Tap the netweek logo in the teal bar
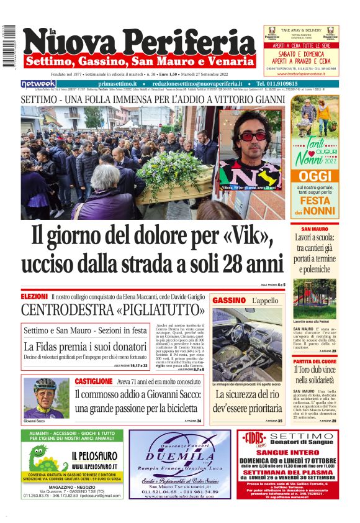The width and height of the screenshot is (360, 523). (x=38, y=84)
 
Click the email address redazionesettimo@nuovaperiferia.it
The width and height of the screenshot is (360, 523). (x=192, y=84)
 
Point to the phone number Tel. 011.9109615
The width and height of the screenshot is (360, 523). (x=285, y=84)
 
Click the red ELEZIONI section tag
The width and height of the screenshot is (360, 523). (x=34, y=297)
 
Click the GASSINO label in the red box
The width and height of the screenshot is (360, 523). (x=229, y=301)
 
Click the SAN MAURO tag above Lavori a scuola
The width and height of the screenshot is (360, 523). (x=310, y=229)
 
